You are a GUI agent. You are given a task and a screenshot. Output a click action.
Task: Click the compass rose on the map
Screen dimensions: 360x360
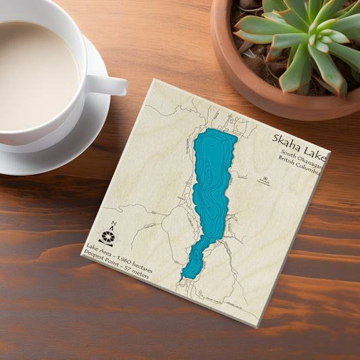[107, 236]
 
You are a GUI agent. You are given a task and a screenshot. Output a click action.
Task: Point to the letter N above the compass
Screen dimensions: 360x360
[113, 224]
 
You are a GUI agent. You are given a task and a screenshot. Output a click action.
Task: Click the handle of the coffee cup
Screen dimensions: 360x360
[108, 84]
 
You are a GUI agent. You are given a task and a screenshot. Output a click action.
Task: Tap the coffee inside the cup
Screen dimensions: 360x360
[34, 71]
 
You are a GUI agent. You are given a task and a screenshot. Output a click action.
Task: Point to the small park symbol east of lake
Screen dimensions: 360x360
[265, 179]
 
